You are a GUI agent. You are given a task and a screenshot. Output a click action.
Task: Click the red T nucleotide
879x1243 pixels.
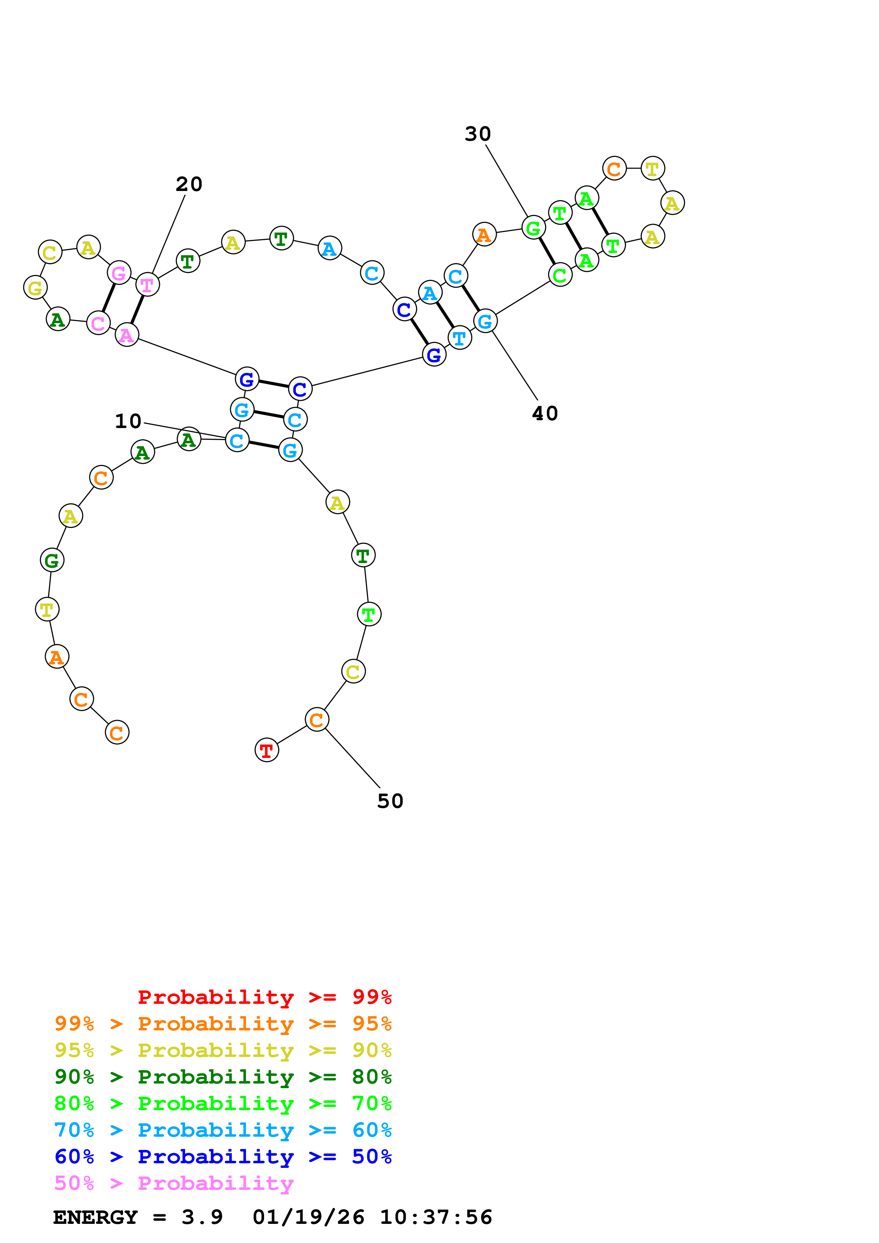tap(266, 750)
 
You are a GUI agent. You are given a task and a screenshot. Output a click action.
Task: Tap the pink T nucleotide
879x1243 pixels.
tap(147, 285)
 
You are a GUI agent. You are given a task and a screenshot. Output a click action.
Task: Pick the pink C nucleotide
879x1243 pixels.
tap(98, 323)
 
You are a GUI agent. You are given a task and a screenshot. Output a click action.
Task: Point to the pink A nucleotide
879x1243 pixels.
tap(127, 335)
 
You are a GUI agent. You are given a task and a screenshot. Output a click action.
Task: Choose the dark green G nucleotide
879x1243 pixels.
tap(52, 560)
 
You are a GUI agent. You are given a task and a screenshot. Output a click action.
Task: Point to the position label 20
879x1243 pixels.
tap(189, 184)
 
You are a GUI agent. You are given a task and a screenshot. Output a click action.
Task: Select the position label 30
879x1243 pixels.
tap(478, 134)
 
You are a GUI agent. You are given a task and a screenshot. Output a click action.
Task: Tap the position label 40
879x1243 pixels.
tap(545, 414)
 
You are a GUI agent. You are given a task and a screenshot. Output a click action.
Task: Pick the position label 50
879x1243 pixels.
tap(390, 801)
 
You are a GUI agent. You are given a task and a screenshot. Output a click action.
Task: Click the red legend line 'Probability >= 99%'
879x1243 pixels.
tap(264, 997)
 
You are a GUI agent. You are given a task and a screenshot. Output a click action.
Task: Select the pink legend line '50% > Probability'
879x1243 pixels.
tap(174, 1183)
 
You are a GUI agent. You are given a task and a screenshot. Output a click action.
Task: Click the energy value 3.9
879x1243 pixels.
tap(202, 1217)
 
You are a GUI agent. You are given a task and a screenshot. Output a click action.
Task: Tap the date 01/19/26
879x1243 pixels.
tap(308, 1217)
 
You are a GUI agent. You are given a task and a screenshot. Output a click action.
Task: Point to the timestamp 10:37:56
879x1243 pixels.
tap(436, 1217)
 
